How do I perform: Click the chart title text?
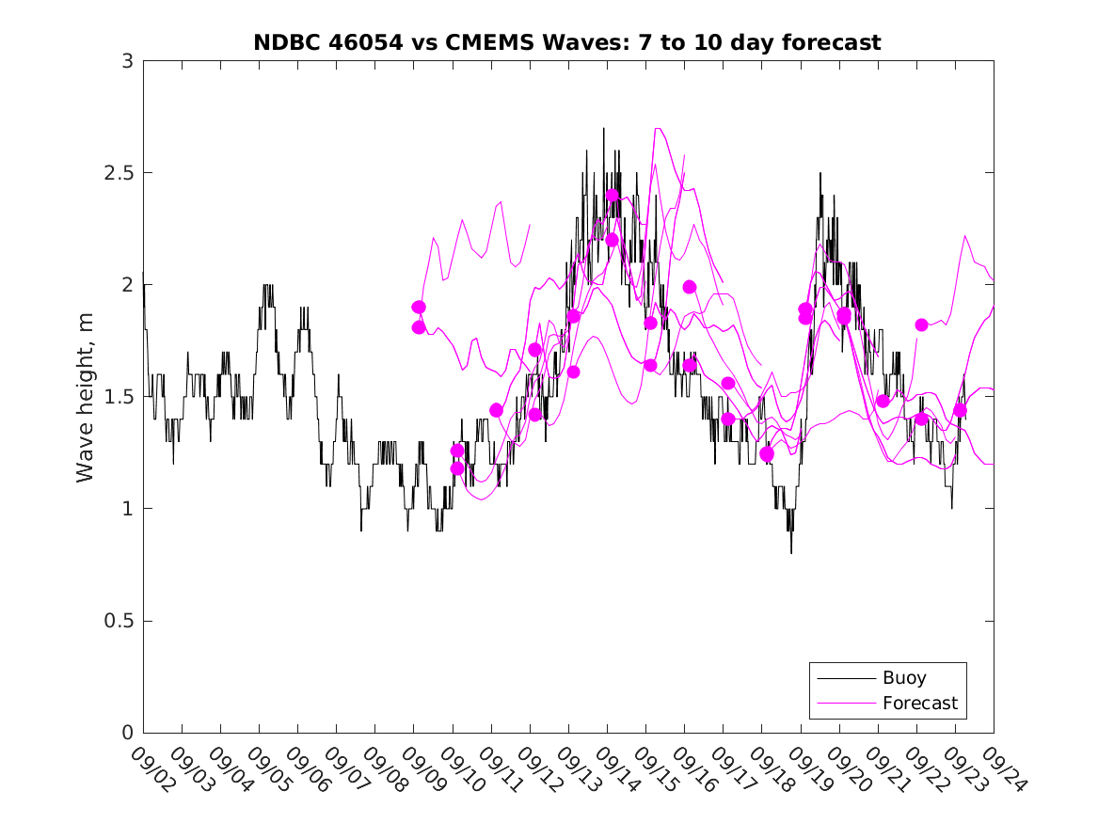tap(567, 42)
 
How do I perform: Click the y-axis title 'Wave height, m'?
tap(86, 397)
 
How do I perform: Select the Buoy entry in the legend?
tap(903, 677)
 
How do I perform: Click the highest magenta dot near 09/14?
tap(613, 196)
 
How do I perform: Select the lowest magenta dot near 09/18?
tap(767, 454)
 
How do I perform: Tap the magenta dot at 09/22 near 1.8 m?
tap(921, 324)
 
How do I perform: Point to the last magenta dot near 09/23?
tap(960, 410)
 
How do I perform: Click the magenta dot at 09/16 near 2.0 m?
tap(689, 287)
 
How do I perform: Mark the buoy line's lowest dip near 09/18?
tap(790, 553)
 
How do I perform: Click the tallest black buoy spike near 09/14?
tap(603, 129)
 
